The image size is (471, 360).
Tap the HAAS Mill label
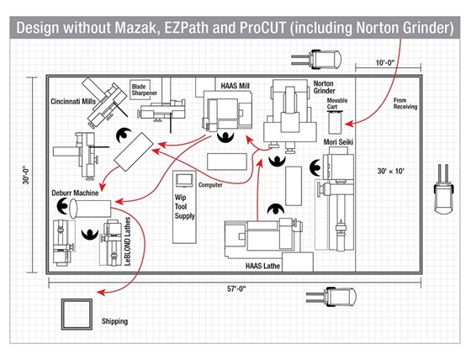point(235,87)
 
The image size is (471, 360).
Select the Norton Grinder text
point(324,87)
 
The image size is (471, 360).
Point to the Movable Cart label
point(337,103)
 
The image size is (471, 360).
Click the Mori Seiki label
point(338,142)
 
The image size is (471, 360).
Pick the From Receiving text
point(405,103)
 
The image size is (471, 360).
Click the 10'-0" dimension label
point(385,63)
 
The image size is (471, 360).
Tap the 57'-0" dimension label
point(236,289)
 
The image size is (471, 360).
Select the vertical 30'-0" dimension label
point(26,174)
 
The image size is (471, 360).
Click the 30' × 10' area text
point(391,171)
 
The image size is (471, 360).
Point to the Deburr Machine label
point(75,193)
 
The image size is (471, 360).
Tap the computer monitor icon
point(184,180)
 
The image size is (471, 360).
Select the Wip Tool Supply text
point(185,207)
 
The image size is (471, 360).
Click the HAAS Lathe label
point(262,266)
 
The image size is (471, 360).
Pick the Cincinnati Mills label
point(73,102)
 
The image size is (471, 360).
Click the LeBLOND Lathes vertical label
point(128,241)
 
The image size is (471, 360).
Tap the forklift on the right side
point(443,188)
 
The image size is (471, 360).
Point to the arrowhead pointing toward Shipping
point(101,292)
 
